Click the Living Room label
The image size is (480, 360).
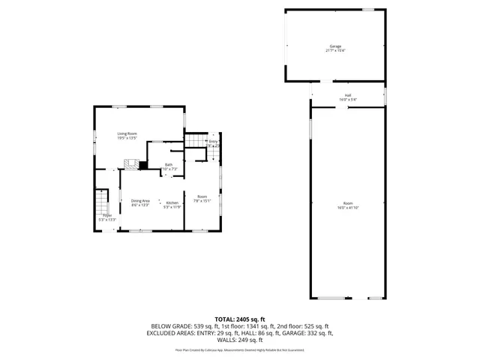(x=126, y=133)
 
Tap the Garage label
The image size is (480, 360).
(x=335, y=46)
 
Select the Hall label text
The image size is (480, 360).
(x=348, y=95)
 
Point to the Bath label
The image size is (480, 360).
(x=169, y=164)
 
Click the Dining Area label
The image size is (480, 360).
(x=140, y=200)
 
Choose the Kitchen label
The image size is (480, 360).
(x=172, y=203)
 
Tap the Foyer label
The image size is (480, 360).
(x=108, y=216)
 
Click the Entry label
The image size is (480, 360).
(x=213, y=141)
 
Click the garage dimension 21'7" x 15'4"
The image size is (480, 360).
(x=335, y=51)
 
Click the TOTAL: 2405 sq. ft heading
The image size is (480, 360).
(x=240, y=319)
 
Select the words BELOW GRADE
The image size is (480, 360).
(x=169, y=325)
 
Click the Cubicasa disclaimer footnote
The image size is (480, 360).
(x=240, y=349)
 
